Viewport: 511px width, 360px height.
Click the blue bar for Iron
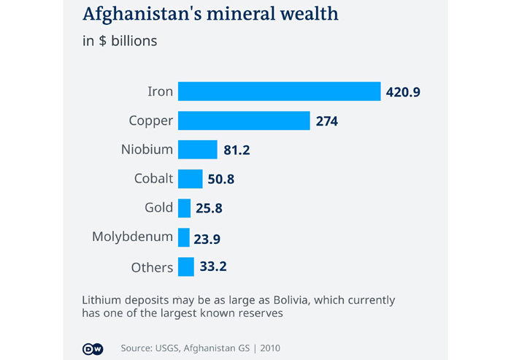280,91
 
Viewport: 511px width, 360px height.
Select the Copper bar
244,120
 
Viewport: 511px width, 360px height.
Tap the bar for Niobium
198,150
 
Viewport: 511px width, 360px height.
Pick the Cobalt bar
191,179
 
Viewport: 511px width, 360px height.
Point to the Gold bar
185,208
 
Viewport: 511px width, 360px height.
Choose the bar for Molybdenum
184,237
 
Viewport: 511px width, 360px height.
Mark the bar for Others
186,267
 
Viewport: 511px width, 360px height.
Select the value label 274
327,121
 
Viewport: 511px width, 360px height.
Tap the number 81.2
237,150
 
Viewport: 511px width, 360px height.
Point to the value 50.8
221,180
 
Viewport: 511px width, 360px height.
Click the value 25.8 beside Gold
209,209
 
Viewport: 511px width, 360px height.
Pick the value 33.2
213,267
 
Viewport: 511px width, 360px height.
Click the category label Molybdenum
132,237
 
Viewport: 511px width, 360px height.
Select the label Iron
160,91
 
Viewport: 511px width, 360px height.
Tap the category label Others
152,267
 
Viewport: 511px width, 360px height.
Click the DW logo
93,348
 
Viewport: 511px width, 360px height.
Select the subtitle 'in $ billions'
120,41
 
